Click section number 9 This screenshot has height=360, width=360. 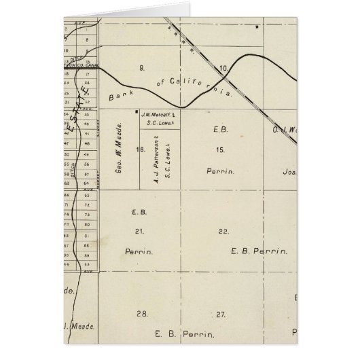(142, 68)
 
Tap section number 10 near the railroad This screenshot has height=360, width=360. (223, 69)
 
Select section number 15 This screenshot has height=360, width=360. (219, 149)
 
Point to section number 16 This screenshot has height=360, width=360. (140, 149)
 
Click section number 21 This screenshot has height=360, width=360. (139, 232)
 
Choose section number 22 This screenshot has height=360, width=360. (222, 232)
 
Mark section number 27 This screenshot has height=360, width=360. (220, 314)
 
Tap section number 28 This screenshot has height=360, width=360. (142, 314)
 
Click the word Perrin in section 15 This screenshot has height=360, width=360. (220, 172)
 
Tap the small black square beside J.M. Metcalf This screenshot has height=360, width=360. (138, 112)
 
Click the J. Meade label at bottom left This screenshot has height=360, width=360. (76, 326)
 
